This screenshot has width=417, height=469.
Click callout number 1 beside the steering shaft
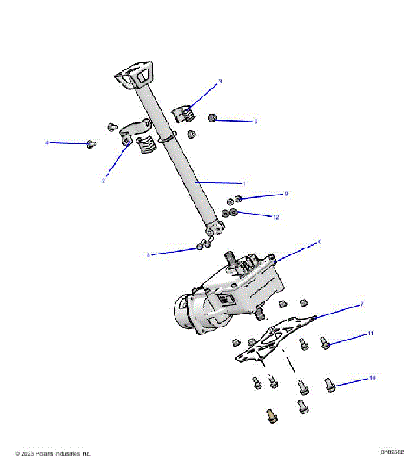244,183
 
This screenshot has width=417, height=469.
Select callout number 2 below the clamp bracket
103,181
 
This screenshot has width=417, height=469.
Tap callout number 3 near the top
220,82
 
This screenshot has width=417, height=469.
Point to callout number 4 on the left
47,142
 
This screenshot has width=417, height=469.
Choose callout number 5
255,122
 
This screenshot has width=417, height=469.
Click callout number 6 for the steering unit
320,241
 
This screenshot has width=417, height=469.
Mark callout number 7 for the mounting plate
361,305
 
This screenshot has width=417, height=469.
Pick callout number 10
373,379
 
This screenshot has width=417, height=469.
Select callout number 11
370,334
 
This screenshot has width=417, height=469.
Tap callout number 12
276,216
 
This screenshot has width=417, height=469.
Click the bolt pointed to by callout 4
91,144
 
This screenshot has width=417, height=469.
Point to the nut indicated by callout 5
213,117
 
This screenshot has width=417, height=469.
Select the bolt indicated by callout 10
331,383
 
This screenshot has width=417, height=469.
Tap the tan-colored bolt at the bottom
270,416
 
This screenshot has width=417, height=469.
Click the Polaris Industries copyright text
53,453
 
